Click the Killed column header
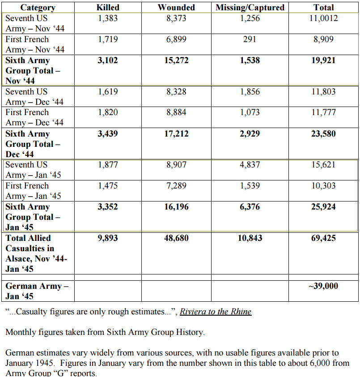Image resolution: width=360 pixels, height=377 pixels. tap(108, 8)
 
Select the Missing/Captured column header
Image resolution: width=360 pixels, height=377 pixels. tap(250, 8)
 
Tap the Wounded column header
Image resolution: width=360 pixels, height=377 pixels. tap(176, 8)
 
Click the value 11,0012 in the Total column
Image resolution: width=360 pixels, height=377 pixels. tap(323, 18)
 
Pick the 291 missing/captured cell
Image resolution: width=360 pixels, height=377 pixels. tap(250, 39)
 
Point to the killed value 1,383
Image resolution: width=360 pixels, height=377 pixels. tap(108, 18)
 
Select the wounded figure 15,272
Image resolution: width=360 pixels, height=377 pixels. tap(176, 60)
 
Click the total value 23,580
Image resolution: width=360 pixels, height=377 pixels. tap(323, 134)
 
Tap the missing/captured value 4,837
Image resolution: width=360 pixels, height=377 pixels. tap(250, 165)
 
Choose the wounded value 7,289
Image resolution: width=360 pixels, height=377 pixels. tap(176, 186)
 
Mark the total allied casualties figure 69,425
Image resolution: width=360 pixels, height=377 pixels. tap(323, 238)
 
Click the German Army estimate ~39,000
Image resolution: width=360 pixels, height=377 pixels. tap(323, 286)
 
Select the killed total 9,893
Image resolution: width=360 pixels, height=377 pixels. tap(108, 238)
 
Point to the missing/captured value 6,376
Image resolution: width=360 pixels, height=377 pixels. tap(250, 207)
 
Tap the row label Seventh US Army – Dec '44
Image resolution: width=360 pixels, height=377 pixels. tap(34, 97)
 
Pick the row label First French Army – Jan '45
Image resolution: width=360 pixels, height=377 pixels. tap(34, 191)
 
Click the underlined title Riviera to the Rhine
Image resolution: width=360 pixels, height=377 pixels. tap(216, 312)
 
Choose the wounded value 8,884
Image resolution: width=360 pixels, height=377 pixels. tap(176, 112)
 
